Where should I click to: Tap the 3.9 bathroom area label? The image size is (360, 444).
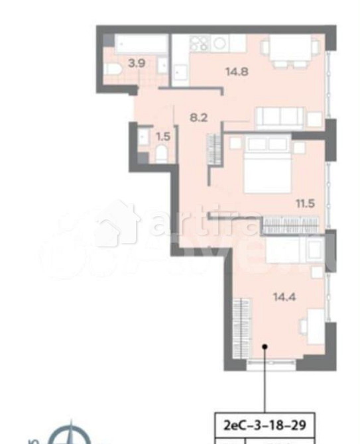point(137,64)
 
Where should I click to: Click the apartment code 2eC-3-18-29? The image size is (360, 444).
point(265,423)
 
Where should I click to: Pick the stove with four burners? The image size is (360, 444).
point(200,43)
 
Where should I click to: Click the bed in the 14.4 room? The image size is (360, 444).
point(296,250)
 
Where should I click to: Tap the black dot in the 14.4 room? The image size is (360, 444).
point(265,345)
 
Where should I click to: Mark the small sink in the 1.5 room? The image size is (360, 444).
point(143,137)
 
